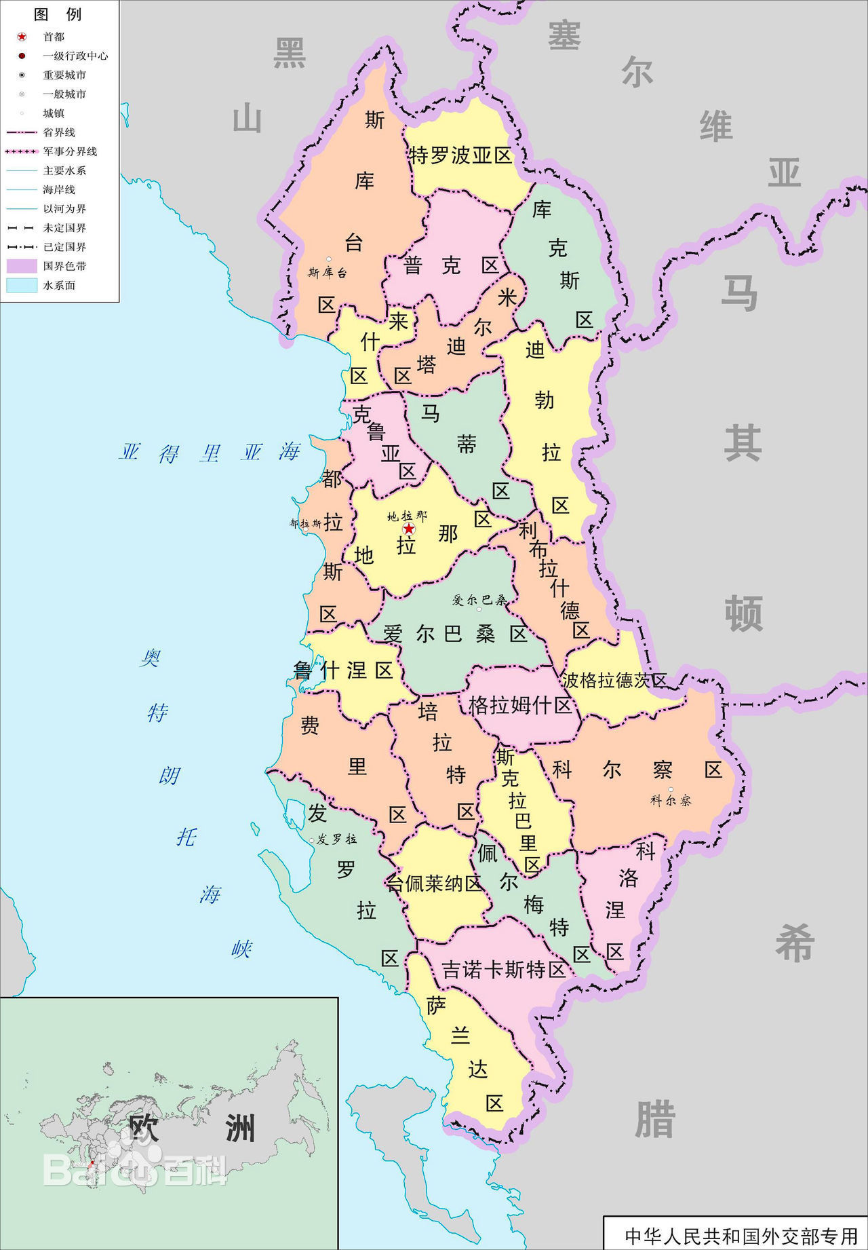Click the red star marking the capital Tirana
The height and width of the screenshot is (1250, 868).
pos(409,529)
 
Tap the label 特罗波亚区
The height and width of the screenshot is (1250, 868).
pos(460,155)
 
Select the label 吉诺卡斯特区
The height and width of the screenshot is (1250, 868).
pos(504,970)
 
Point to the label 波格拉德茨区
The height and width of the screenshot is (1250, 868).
pos(614,680)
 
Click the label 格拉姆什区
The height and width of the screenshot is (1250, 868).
pos(520,706)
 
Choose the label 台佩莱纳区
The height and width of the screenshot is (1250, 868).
pos(434,884)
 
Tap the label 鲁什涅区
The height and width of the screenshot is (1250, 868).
pos(343,670)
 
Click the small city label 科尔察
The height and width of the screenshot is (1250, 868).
pos(671,800)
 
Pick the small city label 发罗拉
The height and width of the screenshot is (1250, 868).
pos(336,839)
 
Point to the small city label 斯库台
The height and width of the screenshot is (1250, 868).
pos(327,273)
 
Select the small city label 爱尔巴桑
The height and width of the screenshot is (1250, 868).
pos(479,600)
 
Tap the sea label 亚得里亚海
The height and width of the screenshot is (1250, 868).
pos(210,453)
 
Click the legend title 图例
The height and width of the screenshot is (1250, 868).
pos(58,14)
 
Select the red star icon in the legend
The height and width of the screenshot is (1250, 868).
pos(22,37)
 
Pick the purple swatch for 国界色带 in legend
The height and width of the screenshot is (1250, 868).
pos(22,266)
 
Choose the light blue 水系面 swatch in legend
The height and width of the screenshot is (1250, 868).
pos(22,285)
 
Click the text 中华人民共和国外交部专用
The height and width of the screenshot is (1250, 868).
pos(741,1236)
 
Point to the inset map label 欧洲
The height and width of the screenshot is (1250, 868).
pos(191,1129)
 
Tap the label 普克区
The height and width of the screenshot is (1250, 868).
pos(451,265)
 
